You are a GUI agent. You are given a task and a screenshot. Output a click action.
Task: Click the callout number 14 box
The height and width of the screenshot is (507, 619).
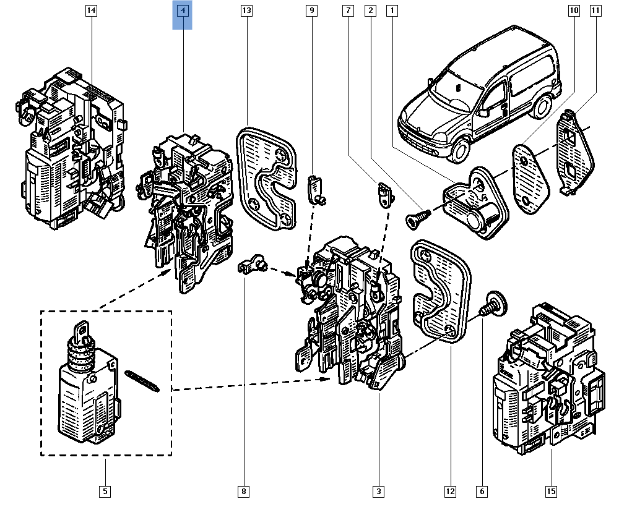[92, 11]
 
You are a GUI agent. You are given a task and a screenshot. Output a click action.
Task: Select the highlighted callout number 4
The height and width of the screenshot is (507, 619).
[183, 11]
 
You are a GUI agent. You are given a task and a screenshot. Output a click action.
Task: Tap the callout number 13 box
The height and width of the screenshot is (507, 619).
[246, 11]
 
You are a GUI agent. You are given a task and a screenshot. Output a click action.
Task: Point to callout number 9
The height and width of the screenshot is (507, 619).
[311, 11]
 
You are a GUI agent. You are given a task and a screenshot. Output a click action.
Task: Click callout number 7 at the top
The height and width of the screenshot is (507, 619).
[348, 11]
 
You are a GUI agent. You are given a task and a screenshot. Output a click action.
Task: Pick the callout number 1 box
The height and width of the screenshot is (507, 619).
[391, 11]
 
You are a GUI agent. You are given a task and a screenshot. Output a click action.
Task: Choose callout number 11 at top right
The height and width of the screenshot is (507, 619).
[595, 11]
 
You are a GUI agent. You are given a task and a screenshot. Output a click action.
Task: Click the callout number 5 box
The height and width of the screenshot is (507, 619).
[105, 492]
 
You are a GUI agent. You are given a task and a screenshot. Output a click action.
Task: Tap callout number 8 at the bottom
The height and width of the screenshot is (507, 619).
[244, 492]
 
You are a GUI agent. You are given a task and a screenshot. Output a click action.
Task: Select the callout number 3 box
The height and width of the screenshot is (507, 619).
[378, 492]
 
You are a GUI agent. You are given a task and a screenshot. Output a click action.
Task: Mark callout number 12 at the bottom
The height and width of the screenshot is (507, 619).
[450, 492]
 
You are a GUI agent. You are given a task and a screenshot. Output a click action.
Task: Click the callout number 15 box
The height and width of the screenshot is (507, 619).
[551, 492]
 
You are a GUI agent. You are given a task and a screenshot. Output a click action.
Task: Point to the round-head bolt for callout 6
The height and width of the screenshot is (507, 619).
[493, 303]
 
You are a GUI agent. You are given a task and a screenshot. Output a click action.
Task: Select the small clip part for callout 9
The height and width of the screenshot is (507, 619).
[317, 189]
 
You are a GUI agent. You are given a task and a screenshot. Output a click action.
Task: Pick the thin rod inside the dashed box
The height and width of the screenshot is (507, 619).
[142, 380]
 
